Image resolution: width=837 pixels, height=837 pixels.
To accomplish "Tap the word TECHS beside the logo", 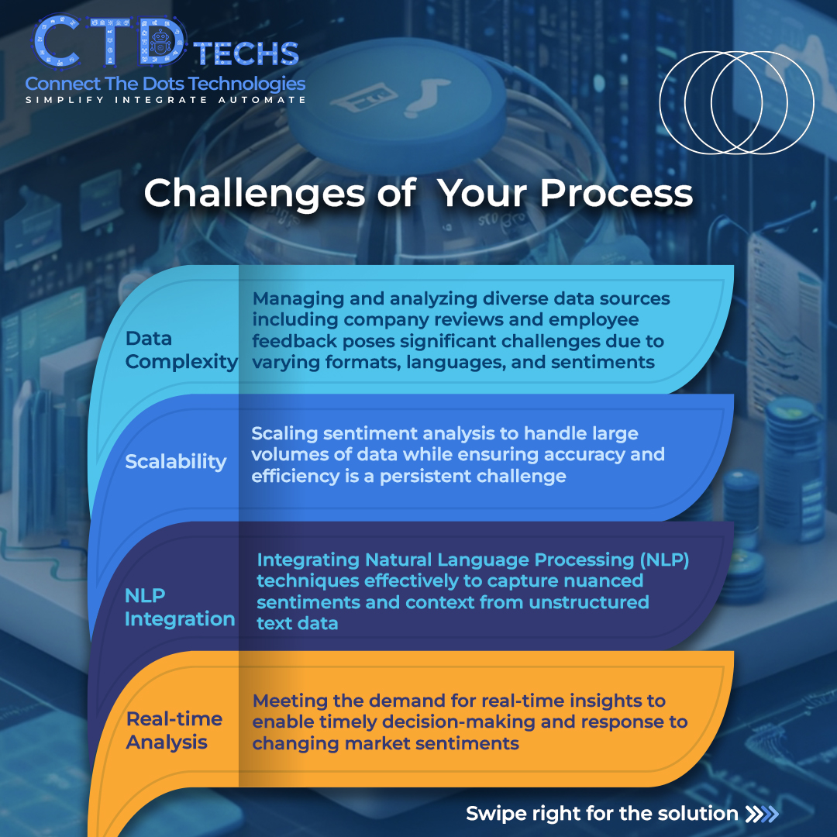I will point(246,53).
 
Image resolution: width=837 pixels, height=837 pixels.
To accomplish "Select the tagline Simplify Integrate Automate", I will point(165,100).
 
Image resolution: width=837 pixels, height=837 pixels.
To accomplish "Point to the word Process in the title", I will point(616,193).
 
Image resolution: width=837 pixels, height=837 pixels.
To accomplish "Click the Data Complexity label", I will point(181,350).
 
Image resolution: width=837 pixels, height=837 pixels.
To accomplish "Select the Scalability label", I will point(176,461).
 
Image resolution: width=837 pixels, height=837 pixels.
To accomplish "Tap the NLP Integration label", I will point(180,608).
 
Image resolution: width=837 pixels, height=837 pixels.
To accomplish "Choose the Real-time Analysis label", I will point(174,730).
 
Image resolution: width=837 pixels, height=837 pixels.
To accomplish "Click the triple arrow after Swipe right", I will point(761,814).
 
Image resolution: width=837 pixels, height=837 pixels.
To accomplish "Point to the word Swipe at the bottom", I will point(496,814).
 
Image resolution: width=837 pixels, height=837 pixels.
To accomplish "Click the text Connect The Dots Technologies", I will point(165,84).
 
